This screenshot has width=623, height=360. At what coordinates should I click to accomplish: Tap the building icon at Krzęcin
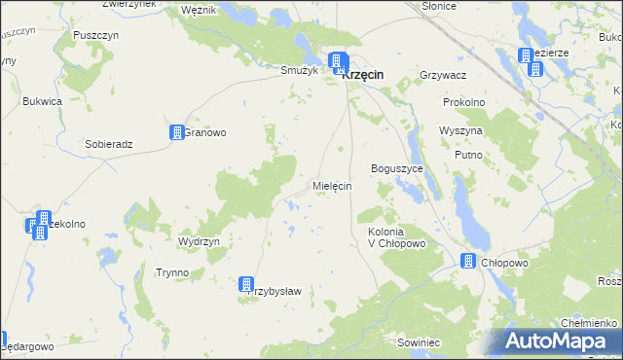pos(339,64)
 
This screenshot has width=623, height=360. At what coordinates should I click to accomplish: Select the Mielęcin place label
pos(331,185)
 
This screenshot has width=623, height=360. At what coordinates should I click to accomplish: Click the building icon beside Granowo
pos(177,133)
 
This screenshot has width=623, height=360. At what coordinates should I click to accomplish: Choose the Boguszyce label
pos(396,168)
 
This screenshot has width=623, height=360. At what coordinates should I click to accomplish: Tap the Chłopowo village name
pos(505,262)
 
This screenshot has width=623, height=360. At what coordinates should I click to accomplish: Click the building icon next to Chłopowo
pos(468,261)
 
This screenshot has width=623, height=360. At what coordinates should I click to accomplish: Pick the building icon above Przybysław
pos(247,284)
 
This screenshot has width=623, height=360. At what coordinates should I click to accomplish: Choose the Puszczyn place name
pos(95,34)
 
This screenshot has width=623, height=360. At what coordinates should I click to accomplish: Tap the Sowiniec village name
pos(419,342)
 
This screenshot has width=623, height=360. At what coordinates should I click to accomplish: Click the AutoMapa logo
pos(559,342)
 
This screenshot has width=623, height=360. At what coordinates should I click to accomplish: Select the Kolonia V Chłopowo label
pos(397,237)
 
